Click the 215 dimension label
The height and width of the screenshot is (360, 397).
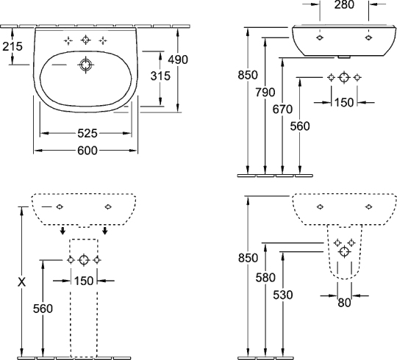[12, 46]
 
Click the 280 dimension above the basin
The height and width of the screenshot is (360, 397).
[344, 5]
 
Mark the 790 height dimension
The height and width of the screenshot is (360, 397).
[265, 92]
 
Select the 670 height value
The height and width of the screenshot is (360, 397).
[283, 109]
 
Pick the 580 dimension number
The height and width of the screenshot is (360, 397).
[265, 278]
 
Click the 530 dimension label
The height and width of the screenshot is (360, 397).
[283, 295]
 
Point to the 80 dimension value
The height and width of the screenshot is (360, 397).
[343, 300]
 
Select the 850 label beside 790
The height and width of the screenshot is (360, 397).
[248, 75]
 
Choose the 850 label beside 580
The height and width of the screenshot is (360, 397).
[248, 258]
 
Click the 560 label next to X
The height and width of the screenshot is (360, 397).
[43, 309]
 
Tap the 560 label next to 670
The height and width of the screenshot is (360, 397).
[301, 126]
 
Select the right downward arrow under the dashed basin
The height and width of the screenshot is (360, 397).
[105, 231]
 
